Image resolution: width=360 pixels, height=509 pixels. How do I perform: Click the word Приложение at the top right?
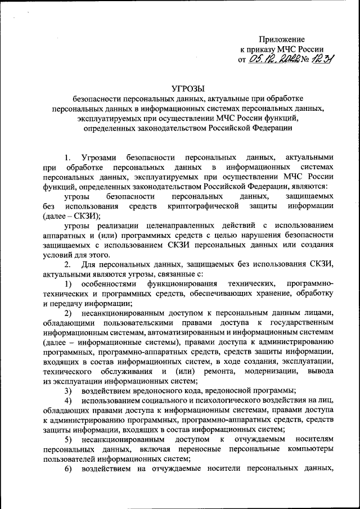tap(282, 39)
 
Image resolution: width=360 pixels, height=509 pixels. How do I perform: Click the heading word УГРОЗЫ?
tap(188, 88)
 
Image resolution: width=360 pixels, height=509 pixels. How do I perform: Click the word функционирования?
tap(186, 282)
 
